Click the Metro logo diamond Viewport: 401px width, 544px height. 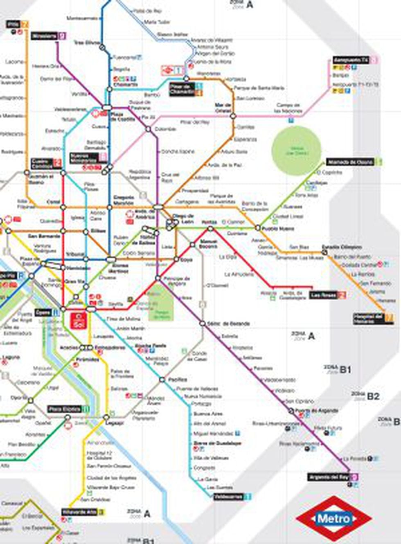(x=334, y=519)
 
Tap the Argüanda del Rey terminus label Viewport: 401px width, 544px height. (x=329, y=477)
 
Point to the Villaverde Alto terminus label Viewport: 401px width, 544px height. (x=79, y=512)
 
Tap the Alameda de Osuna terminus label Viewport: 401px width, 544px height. (x=350, y=162)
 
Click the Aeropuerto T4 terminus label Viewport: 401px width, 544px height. (x=351, y=61)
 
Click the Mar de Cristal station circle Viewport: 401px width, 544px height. (x=233, y=116)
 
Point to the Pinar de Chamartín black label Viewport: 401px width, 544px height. (x=182, y=89)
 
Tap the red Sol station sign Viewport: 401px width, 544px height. (x=78, y=321)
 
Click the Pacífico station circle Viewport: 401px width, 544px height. (x=162, y=380)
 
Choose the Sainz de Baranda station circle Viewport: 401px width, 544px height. (x=202, y=324)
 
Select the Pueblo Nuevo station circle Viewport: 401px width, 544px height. (x=258, y=228)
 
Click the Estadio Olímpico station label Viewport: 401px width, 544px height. (x=342, y=247)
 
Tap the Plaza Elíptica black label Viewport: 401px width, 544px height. (x=65, y=409)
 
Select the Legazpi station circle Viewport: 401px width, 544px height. (x=106, y=418)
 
